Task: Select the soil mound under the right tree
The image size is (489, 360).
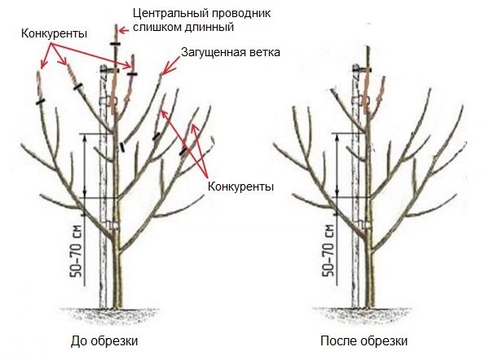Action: click(x=359, y=313)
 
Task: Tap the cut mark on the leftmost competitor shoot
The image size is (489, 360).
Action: click(x=39, y=102)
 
